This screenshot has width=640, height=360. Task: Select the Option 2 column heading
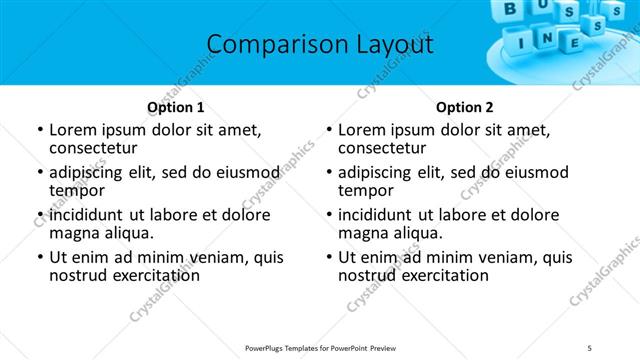point(464,107)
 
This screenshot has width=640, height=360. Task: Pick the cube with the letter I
point(520,44)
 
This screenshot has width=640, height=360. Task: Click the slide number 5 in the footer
point(589,348)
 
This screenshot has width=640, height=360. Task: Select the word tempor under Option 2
point(365,190)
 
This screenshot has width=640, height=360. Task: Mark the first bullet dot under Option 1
point(39,130)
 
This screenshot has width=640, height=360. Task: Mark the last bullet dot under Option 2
point(328,257)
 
